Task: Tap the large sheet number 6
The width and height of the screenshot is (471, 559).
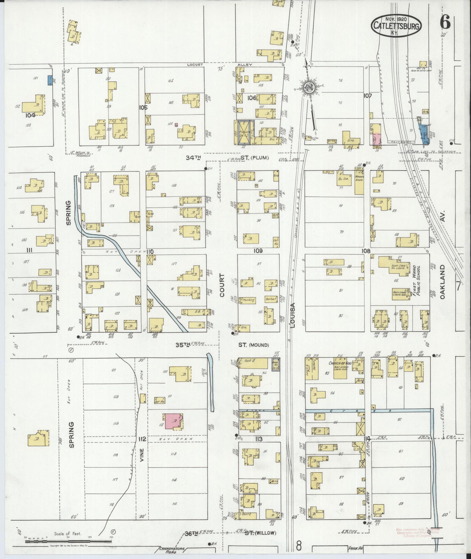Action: [x=445, y=22]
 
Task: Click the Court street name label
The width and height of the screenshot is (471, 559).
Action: [x=222, y=285]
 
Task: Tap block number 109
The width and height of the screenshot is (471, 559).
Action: [x=258, y=251]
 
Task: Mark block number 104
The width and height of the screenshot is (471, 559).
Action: [x=30, y=115]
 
